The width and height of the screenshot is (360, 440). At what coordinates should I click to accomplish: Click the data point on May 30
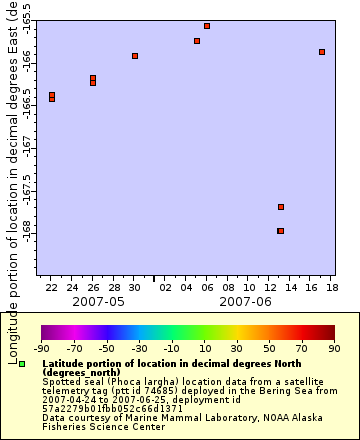[x=135, y=56]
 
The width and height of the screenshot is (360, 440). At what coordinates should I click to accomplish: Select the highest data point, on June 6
[x=207, y=26]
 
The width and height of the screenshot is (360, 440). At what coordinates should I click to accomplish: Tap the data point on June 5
[x=197, y=41]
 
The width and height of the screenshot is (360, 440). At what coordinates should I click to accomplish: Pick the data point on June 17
[x=322, y=52]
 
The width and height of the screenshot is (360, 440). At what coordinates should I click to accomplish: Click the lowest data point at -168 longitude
[x=281, y=231]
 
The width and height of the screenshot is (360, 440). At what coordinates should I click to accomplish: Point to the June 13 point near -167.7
[x=281, y=207]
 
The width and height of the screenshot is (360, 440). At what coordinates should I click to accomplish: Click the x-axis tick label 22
[x=52, y=287]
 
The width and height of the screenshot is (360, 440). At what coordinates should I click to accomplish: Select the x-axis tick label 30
[x=135, y=287]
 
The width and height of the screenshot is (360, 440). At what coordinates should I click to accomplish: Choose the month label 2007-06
[x=245, y=301]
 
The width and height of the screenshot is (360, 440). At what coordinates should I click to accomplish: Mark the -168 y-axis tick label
[x=27, y=231]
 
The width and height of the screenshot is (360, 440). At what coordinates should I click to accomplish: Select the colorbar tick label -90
[x=42, y=348]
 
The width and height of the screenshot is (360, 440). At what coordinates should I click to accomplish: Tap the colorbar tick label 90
[x=335, y=348]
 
